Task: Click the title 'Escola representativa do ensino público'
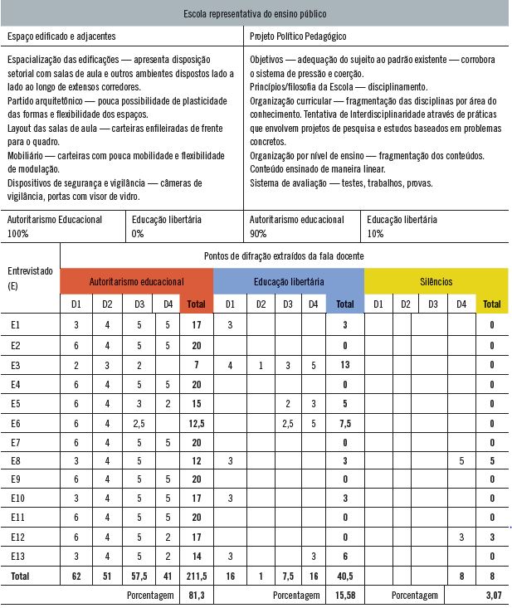pyautogui.click(x=256, y=15)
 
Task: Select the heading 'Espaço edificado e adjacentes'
pyautogui.click(x=61, y=37)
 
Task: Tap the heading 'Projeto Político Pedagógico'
pyautogui.click(x=298, y=37)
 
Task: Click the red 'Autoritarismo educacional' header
pyautogui.click(x=137, y=281)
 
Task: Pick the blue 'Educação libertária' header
pyautogui.click(x=289, y=281)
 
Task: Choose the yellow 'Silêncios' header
pyautogui.click(x=436, y=281)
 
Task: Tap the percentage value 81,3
pyautogui.click(x=196, y=595)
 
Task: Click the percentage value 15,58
pyautogui.click(x=344, y=595)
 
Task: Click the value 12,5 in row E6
pyautogui.click(x=196, y=422)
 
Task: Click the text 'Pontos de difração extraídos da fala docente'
pyautogui.click(x=284, y=256)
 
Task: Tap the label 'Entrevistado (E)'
pyautogui.click(x=30, y=277)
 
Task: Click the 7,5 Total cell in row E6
pyautogui.click(x=344, y=422)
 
